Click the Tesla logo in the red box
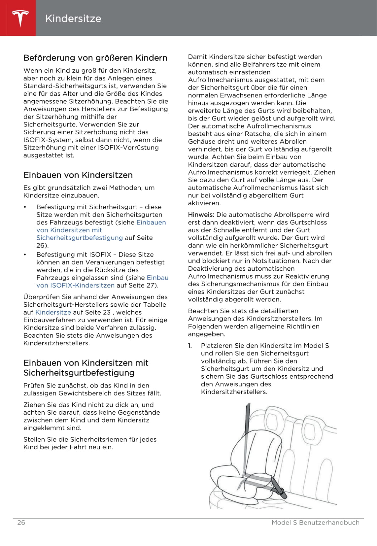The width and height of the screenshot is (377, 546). click(x=20, y=18)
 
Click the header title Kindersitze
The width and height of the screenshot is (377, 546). click(x=73, y=18)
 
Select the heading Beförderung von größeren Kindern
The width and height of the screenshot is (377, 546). click(x=95, y=58)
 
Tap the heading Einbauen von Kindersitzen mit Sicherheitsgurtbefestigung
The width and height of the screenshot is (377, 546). click(x=86, y=368)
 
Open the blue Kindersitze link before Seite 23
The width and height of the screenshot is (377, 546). click(x=53, y=312)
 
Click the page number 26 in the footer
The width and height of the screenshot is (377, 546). click(x=21, y=523)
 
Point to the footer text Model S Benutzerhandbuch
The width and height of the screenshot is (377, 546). click(x=315, y=523)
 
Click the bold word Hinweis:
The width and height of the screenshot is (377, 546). click(x=201, y=215)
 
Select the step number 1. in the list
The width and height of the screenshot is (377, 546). click(x=190, y=346)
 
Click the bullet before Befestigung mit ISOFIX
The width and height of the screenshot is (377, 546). click(x=25, y=255)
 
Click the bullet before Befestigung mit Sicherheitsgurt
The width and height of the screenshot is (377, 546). click(x=25, y=207)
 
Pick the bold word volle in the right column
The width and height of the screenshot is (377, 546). click(x=266, y=180)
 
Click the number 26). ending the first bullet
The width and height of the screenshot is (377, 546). click(x=42, y=245)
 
